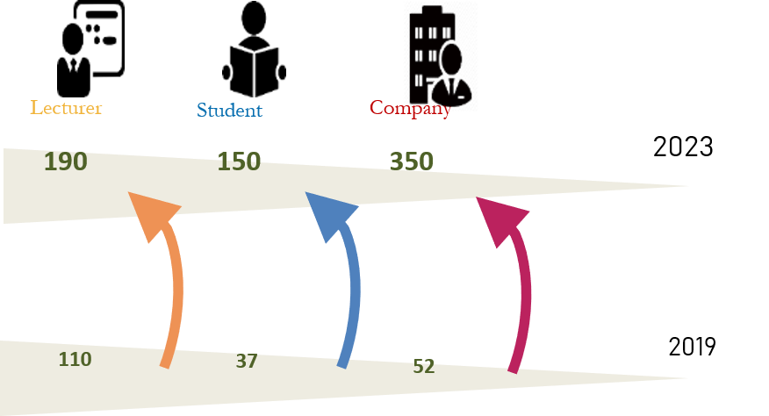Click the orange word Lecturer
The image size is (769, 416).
pos(67,108)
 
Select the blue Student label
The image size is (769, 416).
pos(229,111)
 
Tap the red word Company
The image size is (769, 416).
pos(410,109)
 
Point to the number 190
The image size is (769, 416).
pos(65,161)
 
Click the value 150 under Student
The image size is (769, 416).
pos(239,162)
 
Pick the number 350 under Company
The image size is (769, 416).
pos(412,161)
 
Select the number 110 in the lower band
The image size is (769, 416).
pos(75,359)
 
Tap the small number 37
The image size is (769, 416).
pos(247,361)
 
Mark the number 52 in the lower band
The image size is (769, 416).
pos(424,367)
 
